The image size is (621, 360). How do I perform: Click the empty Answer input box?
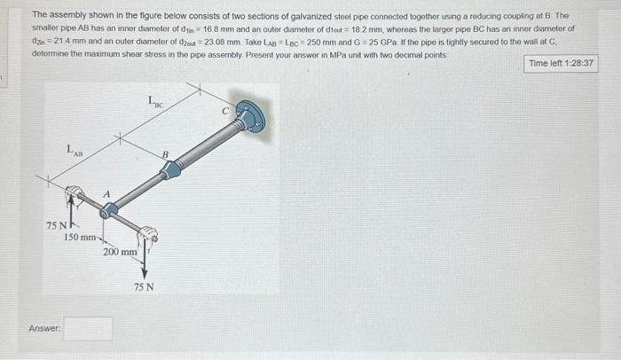[88, 328]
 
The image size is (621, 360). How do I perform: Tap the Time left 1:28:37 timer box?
[562, 64]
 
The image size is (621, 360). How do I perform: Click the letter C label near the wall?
[225, 112]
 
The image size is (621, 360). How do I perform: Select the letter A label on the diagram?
[106, 195]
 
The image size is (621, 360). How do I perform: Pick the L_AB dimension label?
[75, 152]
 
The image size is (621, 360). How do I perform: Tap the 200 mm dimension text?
[120, 252]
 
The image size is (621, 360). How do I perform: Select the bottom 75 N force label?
[143, 287]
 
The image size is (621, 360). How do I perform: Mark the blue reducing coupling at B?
[171, 168]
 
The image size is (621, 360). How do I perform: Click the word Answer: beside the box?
[43, 329]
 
